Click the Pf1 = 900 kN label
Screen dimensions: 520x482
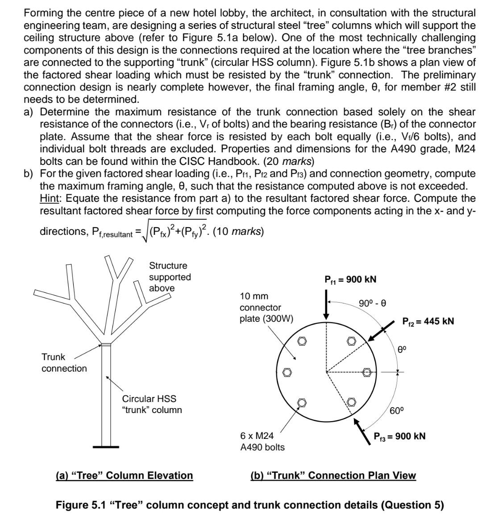pyautogui.click(x=350, y=279)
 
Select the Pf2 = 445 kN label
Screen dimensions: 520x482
pyautogui.click(x=428, y=321)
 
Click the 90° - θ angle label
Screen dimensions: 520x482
pyautogui.click(x=372, y=303)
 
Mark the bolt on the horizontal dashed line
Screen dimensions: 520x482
pyautogui.click(x=367, y=372)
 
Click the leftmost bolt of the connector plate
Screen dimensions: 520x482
pyautogui.click(x=287, y=372)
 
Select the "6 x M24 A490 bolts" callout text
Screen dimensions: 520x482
pyautogui.click(x=262, y=442)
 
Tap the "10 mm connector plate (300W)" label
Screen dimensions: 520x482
pyautogui.click(x=266, y=307)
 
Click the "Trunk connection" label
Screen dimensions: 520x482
pyautogui.click(x=64, y=363)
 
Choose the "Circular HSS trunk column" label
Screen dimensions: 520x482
pyautogui.click(x=152, y=404)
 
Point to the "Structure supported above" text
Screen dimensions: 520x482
pyautogui.click(x=170, y=277)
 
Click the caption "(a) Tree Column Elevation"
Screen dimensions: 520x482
pyautogui.click(x=124, y=475)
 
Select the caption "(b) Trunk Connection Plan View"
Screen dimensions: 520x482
pyautogui.click(x=333, y=475)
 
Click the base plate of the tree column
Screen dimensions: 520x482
pyautogui.click(x=106, y=447)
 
